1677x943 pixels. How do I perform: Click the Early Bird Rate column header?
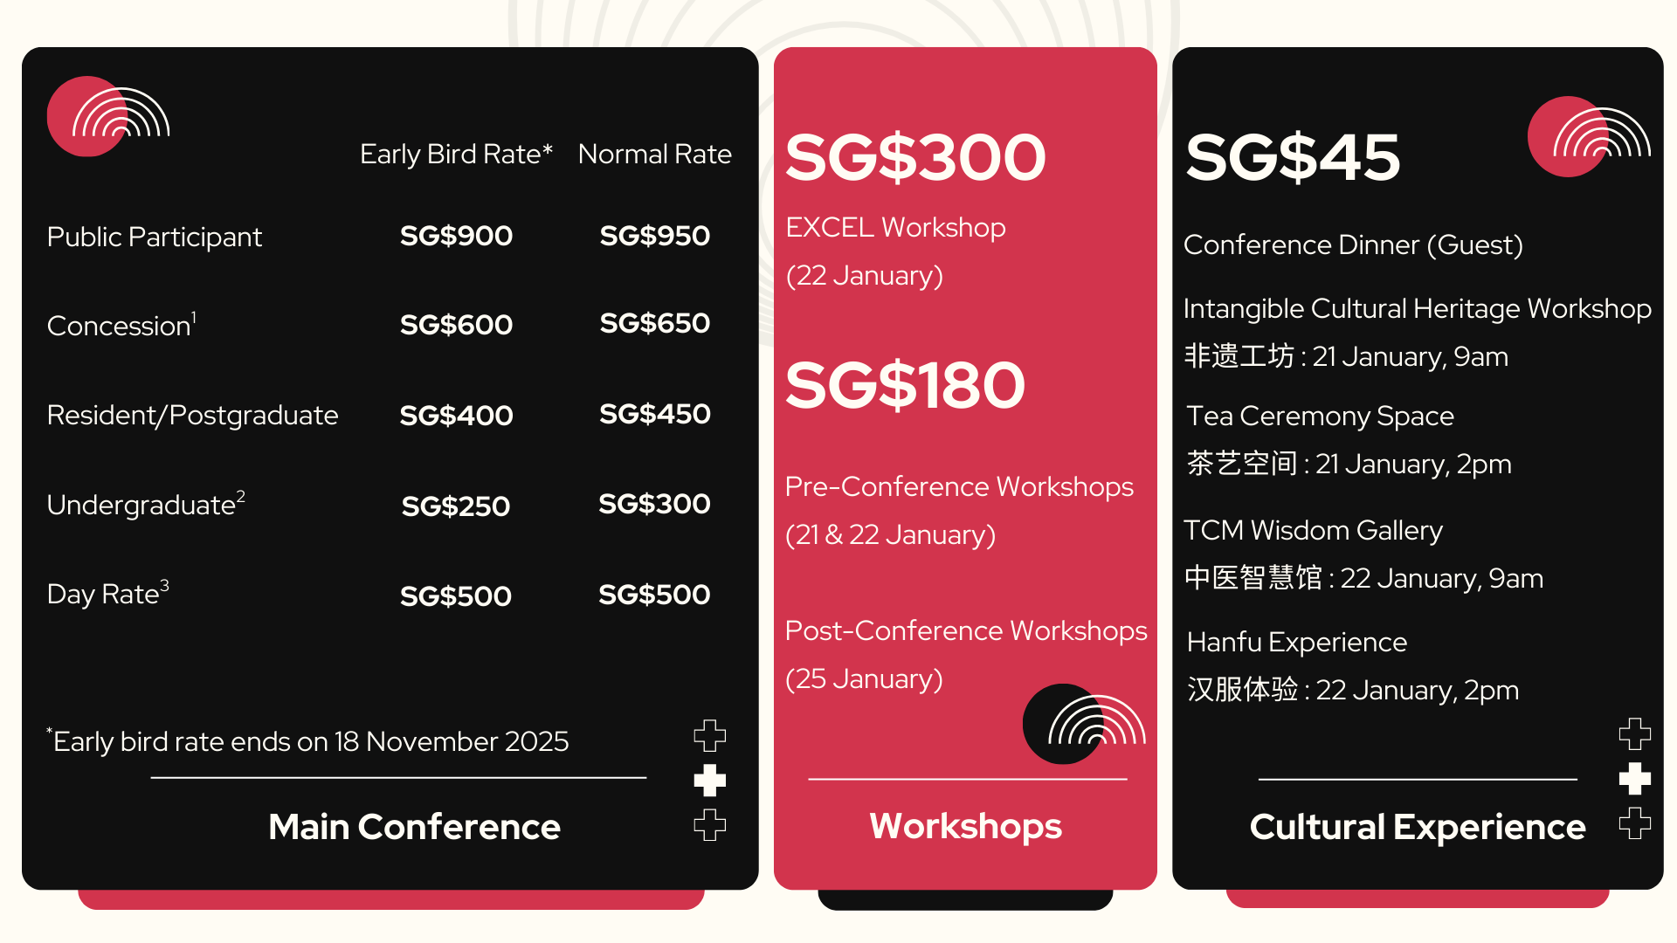456,155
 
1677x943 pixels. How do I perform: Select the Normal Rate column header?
655,155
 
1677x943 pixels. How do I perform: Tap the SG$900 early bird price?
456,236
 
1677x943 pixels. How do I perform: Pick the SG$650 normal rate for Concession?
655,323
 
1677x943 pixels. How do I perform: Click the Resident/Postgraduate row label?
192,415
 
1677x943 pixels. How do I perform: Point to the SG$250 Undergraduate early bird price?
456,506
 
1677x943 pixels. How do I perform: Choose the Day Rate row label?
107,593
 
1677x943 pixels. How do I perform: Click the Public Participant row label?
155,237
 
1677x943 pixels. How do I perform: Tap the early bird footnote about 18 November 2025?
307,741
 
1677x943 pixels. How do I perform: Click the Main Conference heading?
414,827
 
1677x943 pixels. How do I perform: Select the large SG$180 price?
905,385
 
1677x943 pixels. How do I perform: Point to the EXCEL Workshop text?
895,228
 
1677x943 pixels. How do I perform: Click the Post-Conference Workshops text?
966,630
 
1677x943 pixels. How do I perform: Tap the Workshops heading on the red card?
965,827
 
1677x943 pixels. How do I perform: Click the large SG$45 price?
1293,157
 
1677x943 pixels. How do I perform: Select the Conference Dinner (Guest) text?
1353,245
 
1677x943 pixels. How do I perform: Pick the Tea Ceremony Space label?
1320,416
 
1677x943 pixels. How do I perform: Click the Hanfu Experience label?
1297,643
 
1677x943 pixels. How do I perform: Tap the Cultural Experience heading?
1417,827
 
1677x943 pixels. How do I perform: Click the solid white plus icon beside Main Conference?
710,781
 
